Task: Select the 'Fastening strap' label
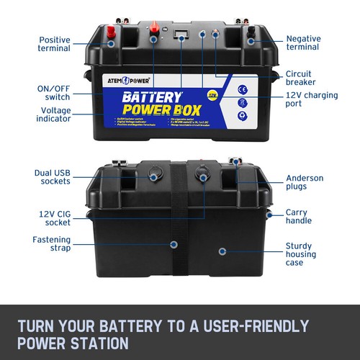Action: tap(51, 244)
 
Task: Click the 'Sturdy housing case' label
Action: tap(303, 254)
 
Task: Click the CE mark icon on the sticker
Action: tap(242, 90)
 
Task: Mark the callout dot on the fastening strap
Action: tap(173, 245)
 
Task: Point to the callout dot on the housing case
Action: tap(222, 251)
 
